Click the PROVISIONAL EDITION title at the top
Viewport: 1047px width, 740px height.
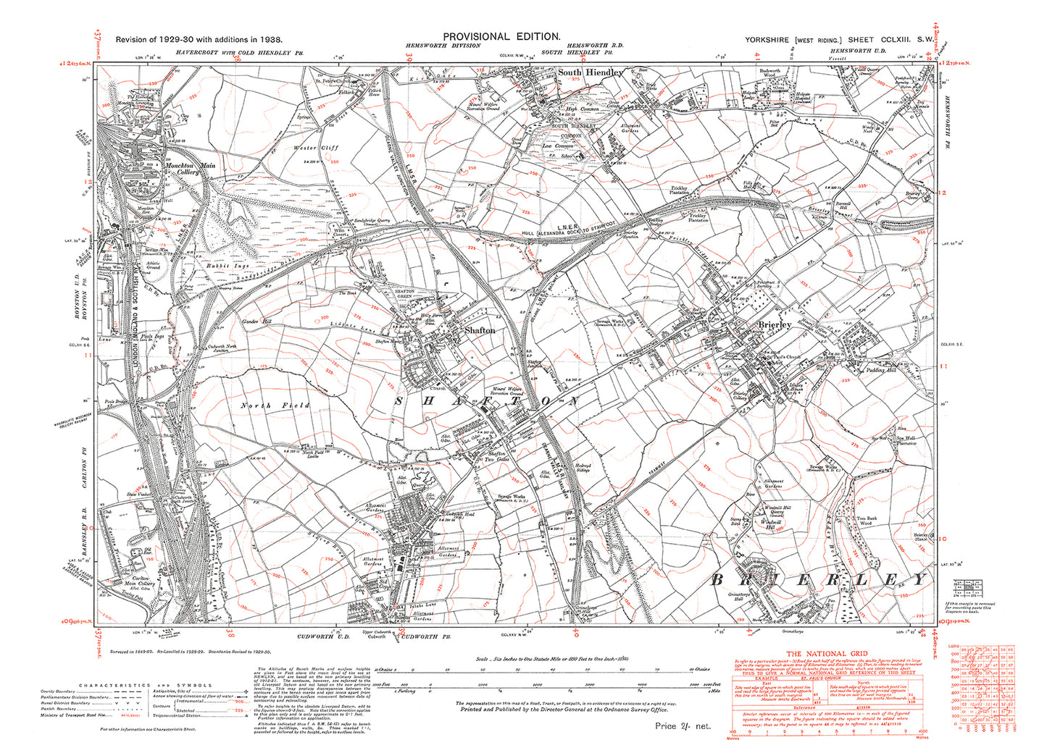pyautogui.click(x=501, y=37)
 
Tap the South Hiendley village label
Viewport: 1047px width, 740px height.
pyautogui.click(x=590, y=73)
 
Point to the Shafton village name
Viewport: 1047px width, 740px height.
pyautogui.click(x=479, y=330)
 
